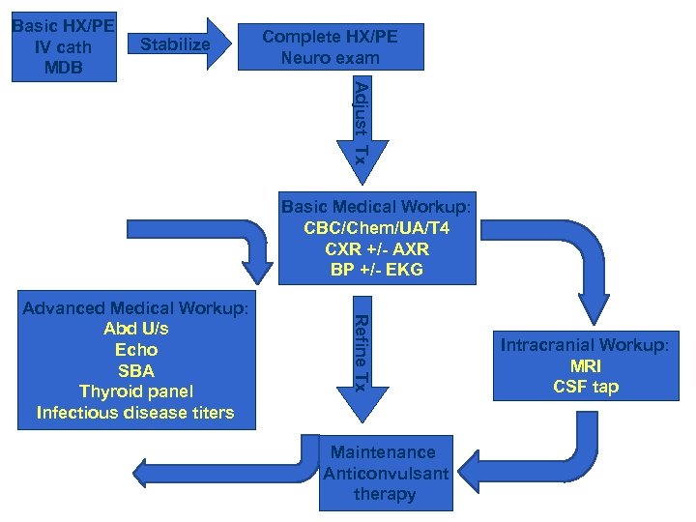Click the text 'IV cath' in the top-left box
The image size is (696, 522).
point(62,47)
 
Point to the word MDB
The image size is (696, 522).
point(62,68)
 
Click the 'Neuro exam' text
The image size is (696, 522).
point(330,58)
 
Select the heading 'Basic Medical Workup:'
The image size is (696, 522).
point(376,207)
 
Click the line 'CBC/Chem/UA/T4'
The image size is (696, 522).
point(376,228)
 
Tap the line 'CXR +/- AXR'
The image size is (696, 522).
point(376,249)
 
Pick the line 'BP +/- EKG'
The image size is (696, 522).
point(376,271)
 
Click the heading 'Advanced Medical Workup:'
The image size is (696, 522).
point(135,308)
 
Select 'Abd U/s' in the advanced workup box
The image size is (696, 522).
point(135,329)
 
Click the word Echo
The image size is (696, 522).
point(135,350)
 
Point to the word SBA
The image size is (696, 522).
point(135,371)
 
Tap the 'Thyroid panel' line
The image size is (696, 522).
point(135,392)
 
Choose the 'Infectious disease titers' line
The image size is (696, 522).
point(135,414)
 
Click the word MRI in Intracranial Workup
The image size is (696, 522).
point(585,367)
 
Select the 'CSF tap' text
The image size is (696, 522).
point(585,388)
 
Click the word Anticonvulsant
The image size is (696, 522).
point(386,474)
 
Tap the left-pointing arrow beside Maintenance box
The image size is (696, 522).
point(222,470)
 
